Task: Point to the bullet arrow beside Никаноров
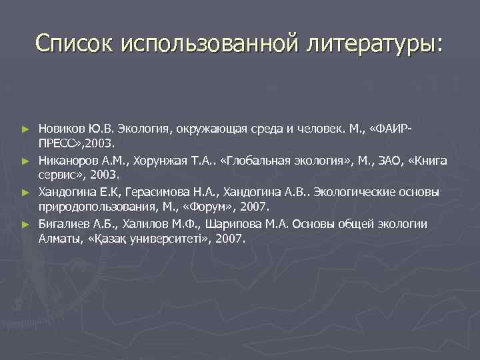coord(25,161)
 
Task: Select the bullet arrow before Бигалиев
coord(25,225)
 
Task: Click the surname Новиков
coord(61,128)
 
